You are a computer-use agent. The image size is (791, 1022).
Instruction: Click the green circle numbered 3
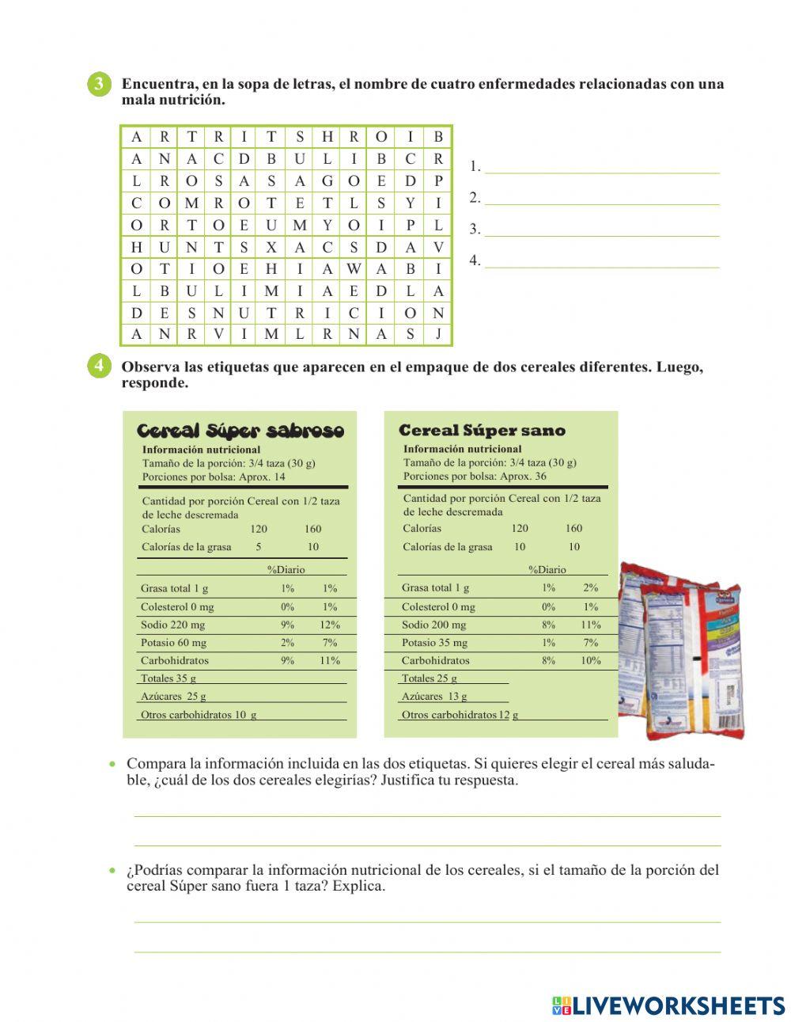(99, 85)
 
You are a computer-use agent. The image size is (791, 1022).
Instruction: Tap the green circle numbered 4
(99, 366)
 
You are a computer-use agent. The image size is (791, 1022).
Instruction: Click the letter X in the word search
(271, 248)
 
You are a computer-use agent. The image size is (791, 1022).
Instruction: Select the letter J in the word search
(438, 334)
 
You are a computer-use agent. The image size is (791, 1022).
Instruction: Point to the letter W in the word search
(354, 269)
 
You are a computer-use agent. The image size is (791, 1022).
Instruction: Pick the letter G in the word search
(327, 180)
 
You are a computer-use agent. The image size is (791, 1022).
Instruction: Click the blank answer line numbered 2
(601, 198)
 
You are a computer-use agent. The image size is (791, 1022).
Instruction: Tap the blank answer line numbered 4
(601, 260)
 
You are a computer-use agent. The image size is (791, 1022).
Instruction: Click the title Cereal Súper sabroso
(240, 431)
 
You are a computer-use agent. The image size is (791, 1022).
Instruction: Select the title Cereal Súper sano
(482, 431)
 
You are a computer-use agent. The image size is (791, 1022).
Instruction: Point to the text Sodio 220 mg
(172, 625)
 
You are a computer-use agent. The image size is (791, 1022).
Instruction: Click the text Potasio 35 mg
(434, 643)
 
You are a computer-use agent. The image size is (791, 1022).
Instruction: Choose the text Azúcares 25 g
(173, 697)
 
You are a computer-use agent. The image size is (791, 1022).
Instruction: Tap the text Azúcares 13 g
(434, 697)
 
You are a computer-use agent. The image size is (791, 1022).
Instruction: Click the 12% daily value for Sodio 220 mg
(330, 625)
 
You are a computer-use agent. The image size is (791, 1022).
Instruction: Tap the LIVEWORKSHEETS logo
(668, 1005)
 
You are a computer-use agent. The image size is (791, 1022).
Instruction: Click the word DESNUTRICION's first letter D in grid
(137, 313)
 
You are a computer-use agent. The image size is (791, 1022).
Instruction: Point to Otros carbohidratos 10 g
(199, 715)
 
